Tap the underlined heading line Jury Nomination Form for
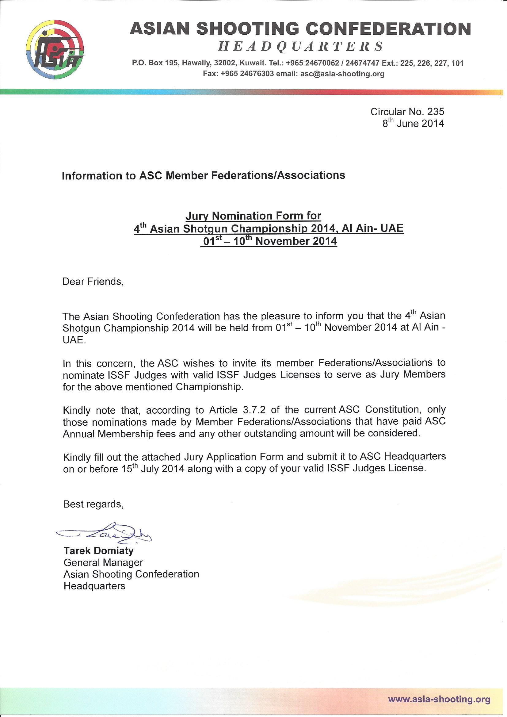tap(253, 216)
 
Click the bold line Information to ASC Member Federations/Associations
tap(204, 175)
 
